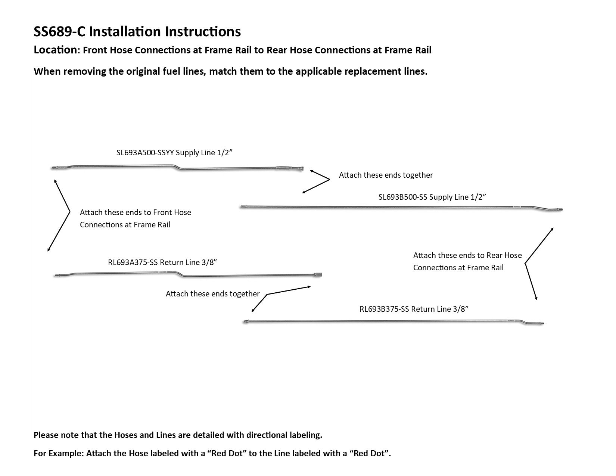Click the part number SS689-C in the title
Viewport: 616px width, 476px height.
pyautogui.click(x=59, y=32)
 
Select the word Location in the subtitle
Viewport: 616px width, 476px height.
pyautogui.click(x=55, y=50)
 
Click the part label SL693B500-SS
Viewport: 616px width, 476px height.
pyautogui.click(x=402, y=197)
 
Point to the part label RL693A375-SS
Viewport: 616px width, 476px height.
pyautogui.click(x=133, y=262)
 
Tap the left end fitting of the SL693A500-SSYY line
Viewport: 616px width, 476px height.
pyautogui.click(x=54, y=168)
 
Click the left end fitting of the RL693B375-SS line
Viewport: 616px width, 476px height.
pyautogui.click(x=245, y=321)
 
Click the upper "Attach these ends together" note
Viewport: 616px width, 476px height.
pyautogui.click(x=386, y=175)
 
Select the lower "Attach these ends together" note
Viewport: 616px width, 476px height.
pyautogui.click(x=212, y=294)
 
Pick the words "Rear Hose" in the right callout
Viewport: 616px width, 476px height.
pyautogui.click(x=504, y=255)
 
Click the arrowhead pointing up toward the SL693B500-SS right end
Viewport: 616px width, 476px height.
pyautogui.click(x=552, y=228)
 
